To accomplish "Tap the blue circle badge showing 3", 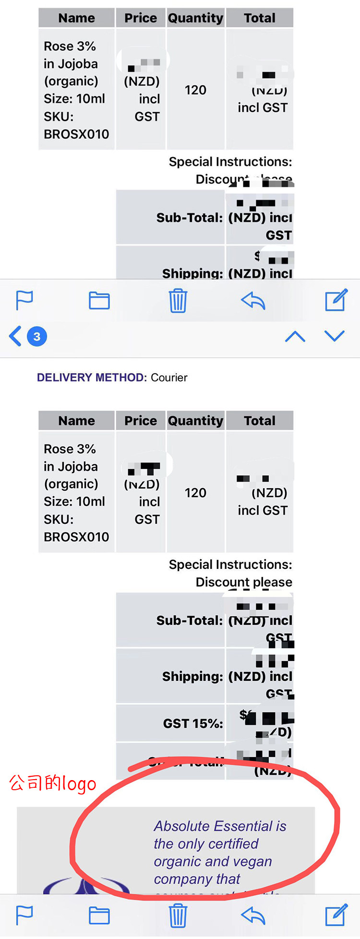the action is [37, 337].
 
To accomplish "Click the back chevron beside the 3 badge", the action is [15, 336].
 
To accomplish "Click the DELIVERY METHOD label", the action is [91, 377].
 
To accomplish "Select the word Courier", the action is [169, 377].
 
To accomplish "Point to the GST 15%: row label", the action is [193, 723].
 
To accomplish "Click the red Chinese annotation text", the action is [53, 783].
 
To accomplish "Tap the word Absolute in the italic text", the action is [182, 826].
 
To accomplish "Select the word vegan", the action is [252, 862].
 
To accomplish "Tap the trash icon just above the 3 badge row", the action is [178, 301].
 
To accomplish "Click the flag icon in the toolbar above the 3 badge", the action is [24, 301].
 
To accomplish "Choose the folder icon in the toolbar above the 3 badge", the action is [99, 301].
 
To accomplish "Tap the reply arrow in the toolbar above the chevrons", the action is [253, 301].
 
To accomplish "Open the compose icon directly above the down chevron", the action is [336, 301].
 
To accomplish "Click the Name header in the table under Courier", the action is [76, 421].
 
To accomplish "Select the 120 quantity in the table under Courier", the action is [195, 493].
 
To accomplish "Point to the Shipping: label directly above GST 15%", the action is [192, 676].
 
